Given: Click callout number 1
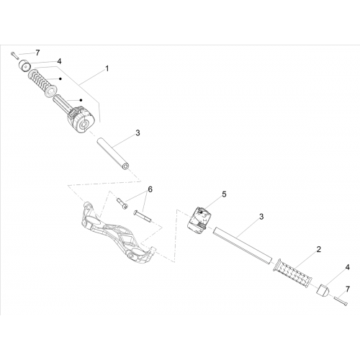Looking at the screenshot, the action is tap(107, 68).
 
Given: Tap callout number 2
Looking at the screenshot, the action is tap(318, 249).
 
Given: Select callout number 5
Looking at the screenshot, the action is tap(224, 194).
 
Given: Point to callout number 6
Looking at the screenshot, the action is tap(150, 189).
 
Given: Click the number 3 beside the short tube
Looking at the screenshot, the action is tap(138, 132).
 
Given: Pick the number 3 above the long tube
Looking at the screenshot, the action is tap(261, 217).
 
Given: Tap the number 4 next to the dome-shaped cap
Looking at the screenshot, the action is tap(348, 267).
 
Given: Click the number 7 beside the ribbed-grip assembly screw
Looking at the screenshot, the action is tap(37, 53).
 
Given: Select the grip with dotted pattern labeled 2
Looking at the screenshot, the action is tap(293, 273).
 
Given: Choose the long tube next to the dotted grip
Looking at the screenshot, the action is tap(243, 246).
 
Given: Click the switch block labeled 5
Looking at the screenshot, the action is tap(199, 220).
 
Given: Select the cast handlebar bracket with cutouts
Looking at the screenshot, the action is tap(117, 233).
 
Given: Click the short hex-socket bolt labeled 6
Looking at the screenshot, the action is tap(122, 204).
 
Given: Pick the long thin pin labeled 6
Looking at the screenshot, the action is tap(142, 216).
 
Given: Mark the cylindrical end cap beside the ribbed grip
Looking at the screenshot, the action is tap(25, 66).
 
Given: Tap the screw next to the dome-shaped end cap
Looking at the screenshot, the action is tap(341, 301).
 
